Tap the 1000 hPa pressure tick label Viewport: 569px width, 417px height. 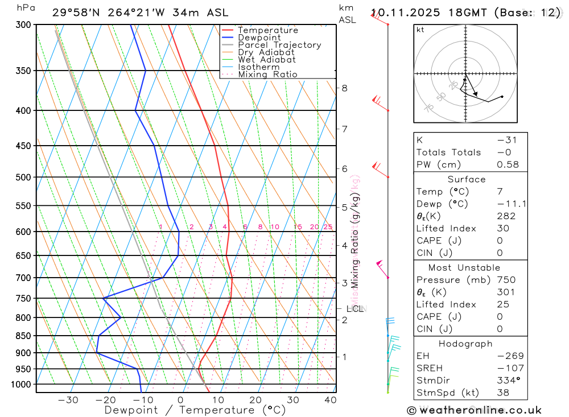point(20,385)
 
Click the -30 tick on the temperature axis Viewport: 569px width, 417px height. point(68,400)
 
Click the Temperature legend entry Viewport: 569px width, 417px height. point(267,30)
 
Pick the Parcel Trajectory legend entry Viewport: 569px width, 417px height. point(279,45)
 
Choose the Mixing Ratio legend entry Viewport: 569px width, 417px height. point(267,75)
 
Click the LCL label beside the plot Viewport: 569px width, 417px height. point(355,309)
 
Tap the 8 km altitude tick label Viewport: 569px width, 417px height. point(345,88)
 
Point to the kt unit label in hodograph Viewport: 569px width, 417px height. point(420,30)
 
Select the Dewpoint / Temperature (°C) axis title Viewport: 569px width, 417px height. point(187,410)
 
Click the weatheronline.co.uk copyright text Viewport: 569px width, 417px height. point(474,410)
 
